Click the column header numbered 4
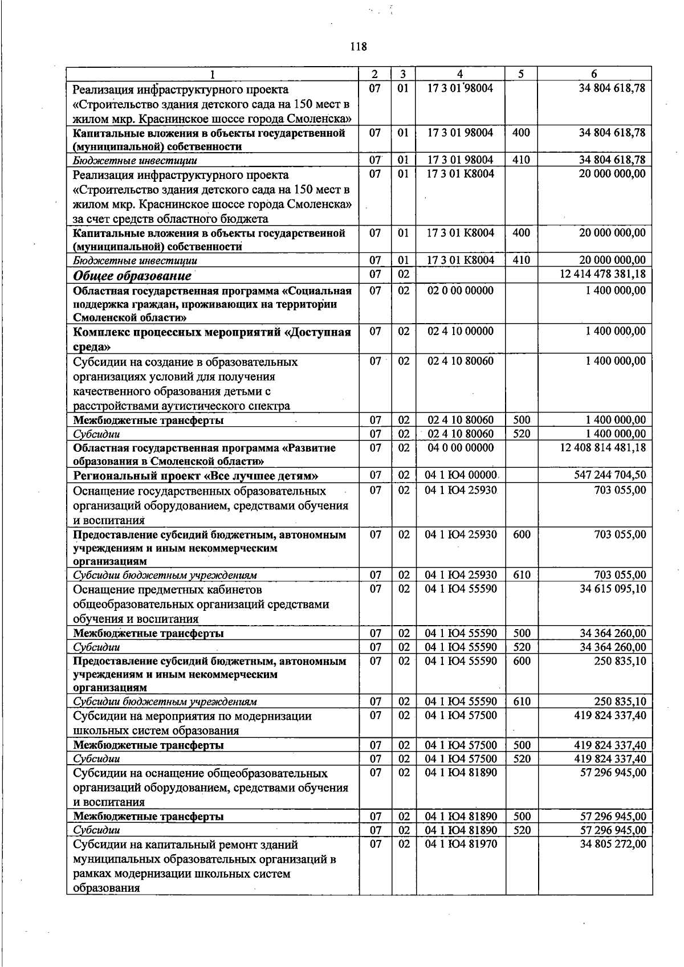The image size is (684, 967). (460, 74)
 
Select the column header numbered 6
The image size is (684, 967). (595, 74)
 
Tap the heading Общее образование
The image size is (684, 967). (132, 276)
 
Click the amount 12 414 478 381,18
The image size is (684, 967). (602, 274)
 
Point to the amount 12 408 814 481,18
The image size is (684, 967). (603, 447)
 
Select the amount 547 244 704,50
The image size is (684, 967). (610, 475)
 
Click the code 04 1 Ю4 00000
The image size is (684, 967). (462, 475)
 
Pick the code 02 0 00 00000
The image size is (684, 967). (461, 290)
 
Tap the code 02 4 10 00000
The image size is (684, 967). (461, 331)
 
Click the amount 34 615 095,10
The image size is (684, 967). (613, 588)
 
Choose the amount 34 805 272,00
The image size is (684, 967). (613, 843)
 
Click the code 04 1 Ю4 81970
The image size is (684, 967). (461, 843)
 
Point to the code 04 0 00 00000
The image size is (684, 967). (461, 447)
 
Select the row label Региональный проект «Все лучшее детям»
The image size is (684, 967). (196, 476)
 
